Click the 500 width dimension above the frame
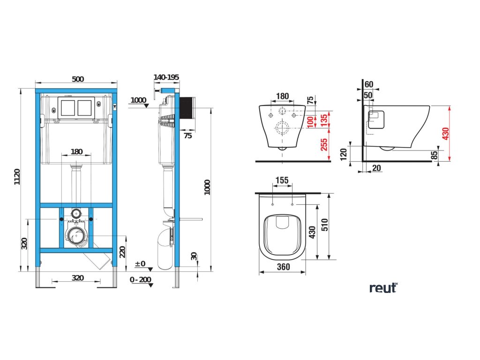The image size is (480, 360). (78, 79)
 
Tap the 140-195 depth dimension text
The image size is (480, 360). (166, 77)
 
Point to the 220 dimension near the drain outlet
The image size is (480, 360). (123, 252)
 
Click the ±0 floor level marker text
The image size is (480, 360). (140, 264)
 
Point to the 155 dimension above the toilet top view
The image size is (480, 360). (282, 180)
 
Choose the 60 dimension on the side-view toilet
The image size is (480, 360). (369, 84)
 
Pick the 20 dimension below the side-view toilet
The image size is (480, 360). (376, 167)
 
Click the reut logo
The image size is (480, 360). (383, 288)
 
